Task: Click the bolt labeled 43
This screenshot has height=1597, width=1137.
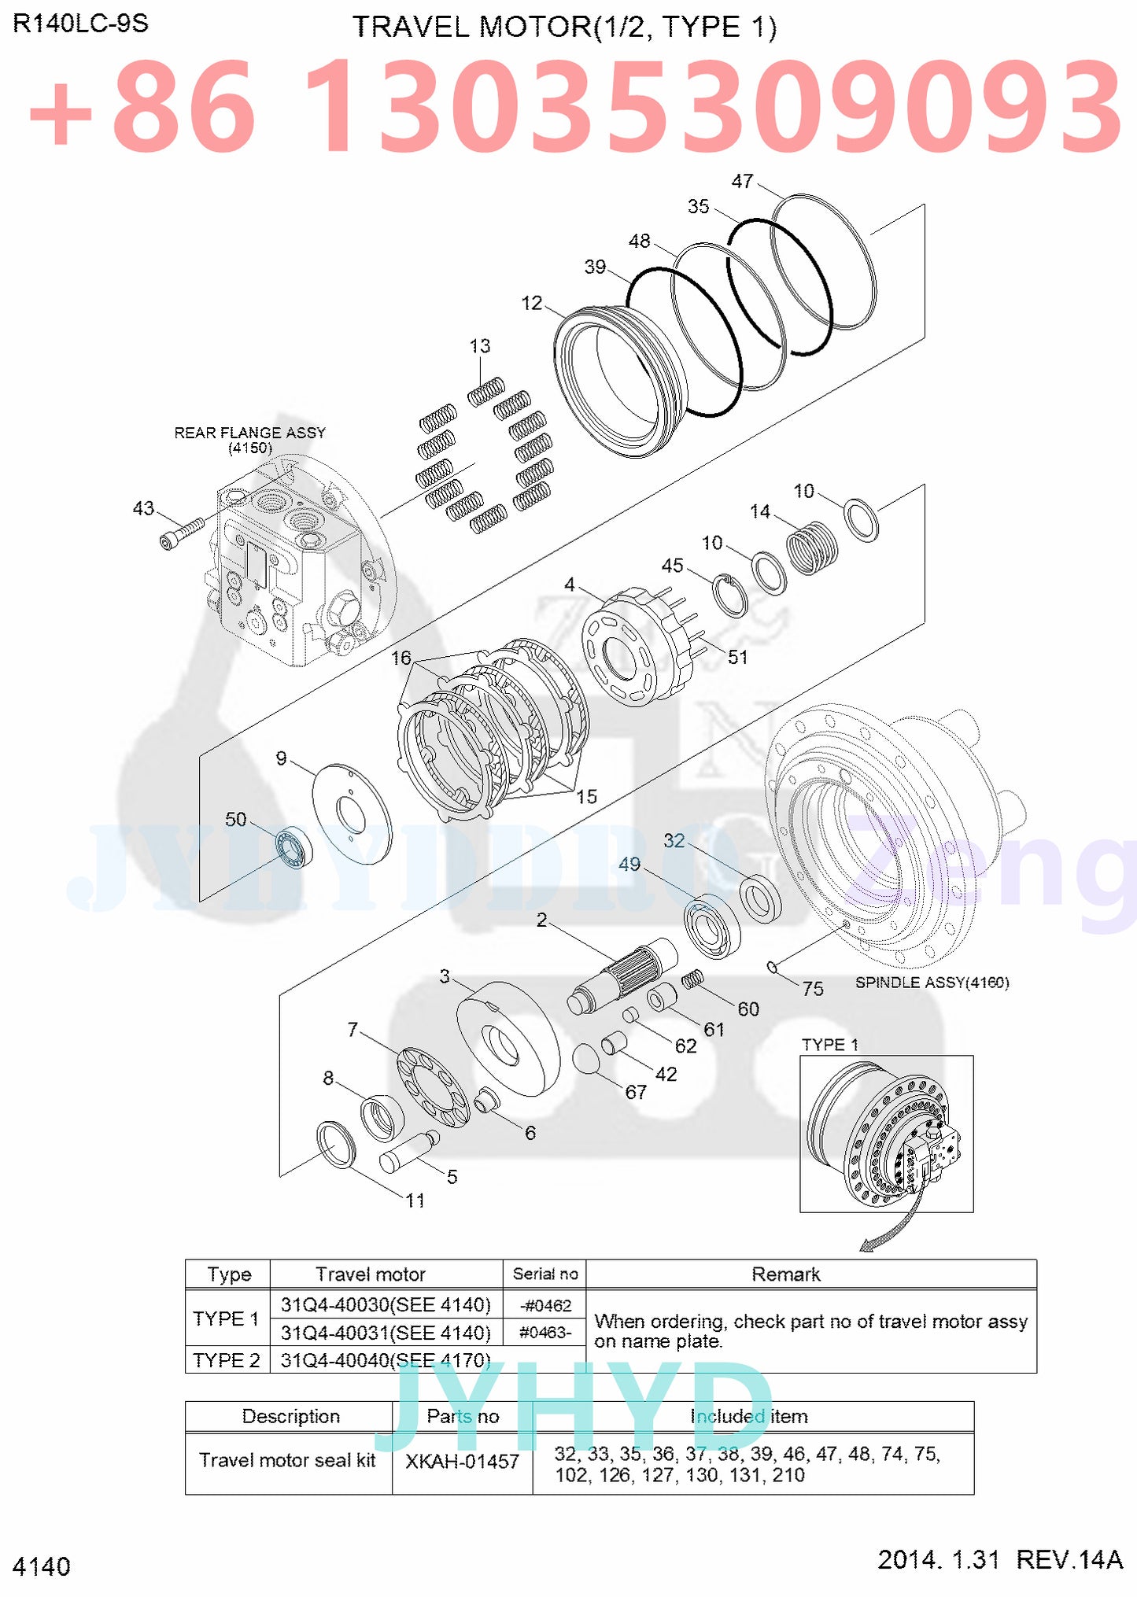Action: coord(180,533)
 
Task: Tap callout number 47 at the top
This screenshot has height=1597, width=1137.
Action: coord(742,182)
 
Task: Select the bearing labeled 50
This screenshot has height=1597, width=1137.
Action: coord(293,847)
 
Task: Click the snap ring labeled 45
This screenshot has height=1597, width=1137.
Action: coord(731,596)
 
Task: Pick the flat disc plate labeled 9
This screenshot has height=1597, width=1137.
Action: coord(352,813)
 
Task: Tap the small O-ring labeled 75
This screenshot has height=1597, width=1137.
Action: coord(773,967)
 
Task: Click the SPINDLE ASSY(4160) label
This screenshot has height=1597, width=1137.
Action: coord(932,983)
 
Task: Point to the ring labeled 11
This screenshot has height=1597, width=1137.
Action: coord(336,1144)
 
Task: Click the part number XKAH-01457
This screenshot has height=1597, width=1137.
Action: coord(462,1462)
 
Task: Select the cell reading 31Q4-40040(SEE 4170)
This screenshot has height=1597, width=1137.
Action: coord(386,1360)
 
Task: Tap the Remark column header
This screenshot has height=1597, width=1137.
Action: coord(785,1274)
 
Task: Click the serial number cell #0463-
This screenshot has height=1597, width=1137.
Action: coord(545,1333)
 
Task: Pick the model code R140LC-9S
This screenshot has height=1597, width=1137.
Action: coord(81,24)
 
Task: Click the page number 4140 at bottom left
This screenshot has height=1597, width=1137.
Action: coord(42,1566)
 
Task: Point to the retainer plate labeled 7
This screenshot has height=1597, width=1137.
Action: coord(432,1087)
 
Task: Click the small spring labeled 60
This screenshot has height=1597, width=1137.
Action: coord(692,979)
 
